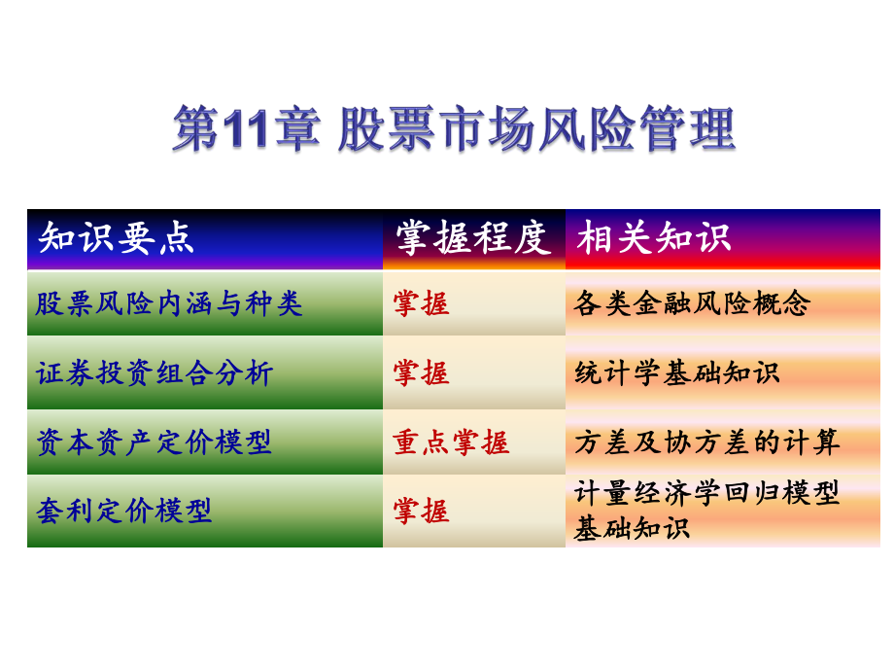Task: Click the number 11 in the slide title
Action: click(x=246, y=129)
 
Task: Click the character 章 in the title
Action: click(x=296, y=129)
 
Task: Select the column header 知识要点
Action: click(x=117, y=238)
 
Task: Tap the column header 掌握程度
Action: click(x=473, y=238)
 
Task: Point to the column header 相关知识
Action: click(x=653, y=237)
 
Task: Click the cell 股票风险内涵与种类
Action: click(x=169, y=303)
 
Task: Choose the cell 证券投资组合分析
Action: click(x=155, y=373)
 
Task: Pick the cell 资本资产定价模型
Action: click(x=154, y=442)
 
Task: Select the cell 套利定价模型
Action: click(x=123, y=511)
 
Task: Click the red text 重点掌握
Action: click(x=451, y=442)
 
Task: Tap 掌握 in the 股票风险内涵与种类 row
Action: click(x=421, y=303)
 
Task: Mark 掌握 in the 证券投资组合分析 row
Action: click(x=421, y=373)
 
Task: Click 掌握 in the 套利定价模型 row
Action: click(x=421, y=511)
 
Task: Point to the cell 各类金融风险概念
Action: click(x=692, y=303)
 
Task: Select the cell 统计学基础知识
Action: click(x=677, y=373)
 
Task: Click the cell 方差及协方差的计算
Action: click(x=707, y=442)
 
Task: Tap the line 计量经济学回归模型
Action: click(x=707, y=493)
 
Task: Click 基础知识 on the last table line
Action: click(x=632, y=528)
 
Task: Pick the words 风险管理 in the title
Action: click(x=637, y=129)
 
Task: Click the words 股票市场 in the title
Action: click(x=436, y=129)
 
